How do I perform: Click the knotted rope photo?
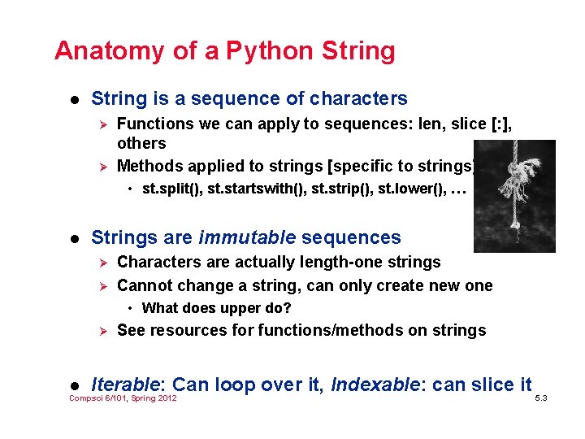(514, 195)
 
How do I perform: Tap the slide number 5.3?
(541, 398)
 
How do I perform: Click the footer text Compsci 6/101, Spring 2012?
(123, 398)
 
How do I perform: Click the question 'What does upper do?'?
(216, 308)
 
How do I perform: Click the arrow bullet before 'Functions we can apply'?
(102, 124)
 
